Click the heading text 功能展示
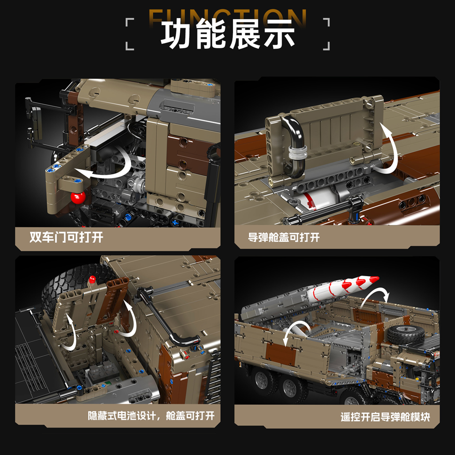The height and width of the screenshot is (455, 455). coord(228,34)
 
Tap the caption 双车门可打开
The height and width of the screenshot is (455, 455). coord(66,238)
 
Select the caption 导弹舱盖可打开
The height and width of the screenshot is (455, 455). coord(283,238)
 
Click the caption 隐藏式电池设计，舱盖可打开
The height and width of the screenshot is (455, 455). coord(151,415)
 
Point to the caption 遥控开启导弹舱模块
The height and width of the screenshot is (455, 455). coord(385,417)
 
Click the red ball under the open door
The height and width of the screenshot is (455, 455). coord(78,197)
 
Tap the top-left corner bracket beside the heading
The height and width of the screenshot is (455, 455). coord(130,22)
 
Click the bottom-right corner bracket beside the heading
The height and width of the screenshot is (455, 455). coord(326,46)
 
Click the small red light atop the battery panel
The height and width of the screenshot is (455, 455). coord(92,280)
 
